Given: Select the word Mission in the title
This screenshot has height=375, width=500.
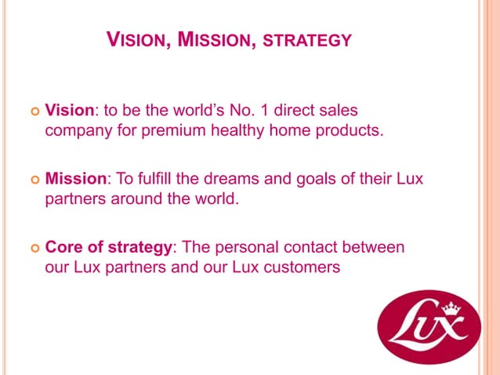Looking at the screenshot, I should (216, 38).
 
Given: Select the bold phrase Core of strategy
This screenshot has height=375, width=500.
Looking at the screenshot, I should (109, 247).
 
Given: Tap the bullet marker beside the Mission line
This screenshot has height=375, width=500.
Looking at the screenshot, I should (32, 179).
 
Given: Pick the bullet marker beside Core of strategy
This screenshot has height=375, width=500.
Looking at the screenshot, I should (32, 248).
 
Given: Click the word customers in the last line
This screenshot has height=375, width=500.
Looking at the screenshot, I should (306, 267).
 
